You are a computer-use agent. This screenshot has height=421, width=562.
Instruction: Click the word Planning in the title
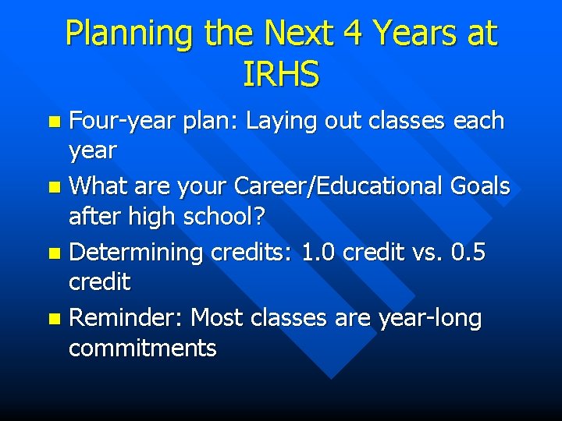pos(130,34)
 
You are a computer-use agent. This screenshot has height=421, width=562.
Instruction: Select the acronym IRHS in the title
pos(281,75)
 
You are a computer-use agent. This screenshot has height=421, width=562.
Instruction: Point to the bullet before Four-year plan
pos(53,122)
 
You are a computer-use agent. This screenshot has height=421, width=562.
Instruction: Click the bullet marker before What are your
pos(53,188)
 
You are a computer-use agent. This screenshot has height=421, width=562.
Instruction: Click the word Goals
pos(478,187)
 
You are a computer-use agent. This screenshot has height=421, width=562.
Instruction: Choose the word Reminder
pos(126,319)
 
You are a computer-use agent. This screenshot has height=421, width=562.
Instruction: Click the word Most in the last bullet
pos(217,319)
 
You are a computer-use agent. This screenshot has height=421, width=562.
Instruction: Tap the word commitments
pos(142,348)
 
